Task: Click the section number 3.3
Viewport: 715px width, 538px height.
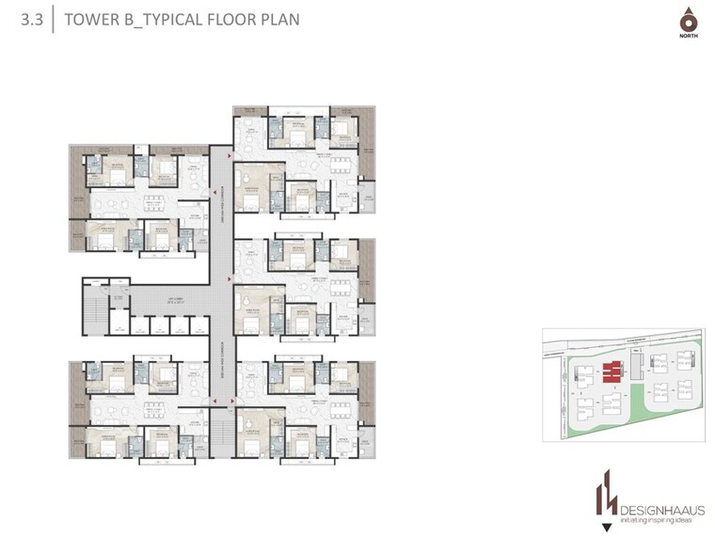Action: (x=29, y=18)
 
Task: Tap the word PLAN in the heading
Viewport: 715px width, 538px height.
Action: (x=280, y=18)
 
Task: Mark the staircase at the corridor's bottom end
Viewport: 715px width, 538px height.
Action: (x=217, y=450)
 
